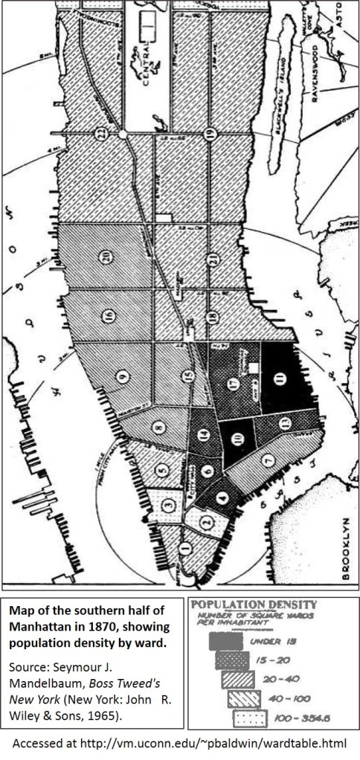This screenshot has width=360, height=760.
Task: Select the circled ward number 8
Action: point(158,428)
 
